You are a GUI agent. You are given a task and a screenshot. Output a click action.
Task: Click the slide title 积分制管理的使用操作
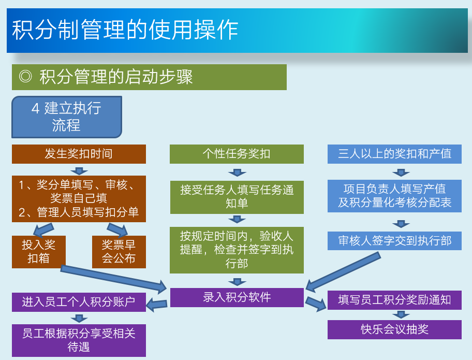(x=124, y=30)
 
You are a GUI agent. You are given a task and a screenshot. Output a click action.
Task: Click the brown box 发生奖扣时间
(x=79, y=154)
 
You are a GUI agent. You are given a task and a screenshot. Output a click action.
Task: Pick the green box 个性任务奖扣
(x=237, y=154)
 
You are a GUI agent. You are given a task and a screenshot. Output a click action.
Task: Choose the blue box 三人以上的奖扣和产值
(x=394, y=154)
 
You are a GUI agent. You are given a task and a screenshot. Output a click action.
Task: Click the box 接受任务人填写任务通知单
(x=237, y=197)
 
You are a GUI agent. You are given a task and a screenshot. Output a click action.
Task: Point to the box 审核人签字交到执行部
(x=394, y=241)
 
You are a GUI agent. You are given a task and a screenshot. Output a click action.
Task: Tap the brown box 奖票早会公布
(x=119, y=251)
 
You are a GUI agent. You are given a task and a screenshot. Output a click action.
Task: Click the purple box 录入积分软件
(x=237, y=297)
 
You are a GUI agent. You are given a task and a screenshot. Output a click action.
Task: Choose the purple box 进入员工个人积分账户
(x=79, y=302)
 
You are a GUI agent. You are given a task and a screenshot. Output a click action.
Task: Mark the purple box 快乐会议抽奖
(x=394, y=329)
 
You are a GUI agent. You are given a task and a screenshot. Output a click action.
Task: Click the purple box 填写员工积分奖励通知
(x=394, y=300)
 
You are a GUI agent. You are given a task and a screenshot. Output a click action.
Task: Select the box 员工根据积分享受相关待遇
(x=79, y=340)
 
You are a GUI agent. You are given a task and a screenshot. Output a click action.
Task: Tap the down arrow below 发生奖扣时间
(x=79, y=170)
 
